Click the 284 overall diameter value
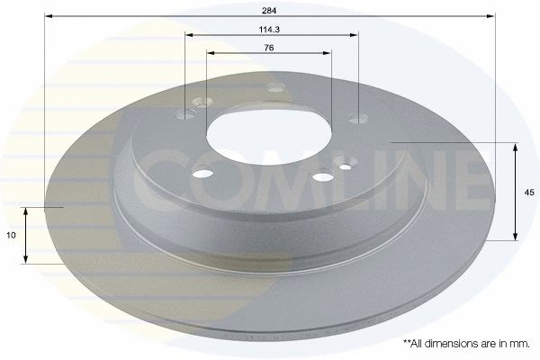click(x=269, y=11)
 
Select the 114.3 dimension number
click(x=269, y=30)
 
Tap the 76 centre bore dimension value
click(x=269, y=48)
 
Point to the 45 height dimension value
click(x=529, y=193)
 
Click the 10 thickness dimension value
click(x=12, y=235)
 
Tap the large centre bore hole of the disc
click(x=269, y=137)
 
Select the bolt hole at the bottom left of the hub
click(x=202, y=173)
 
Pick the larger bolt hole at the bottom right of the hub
click(x=323, y=177)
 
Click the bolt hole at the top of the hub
click(x=276, y=87)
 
